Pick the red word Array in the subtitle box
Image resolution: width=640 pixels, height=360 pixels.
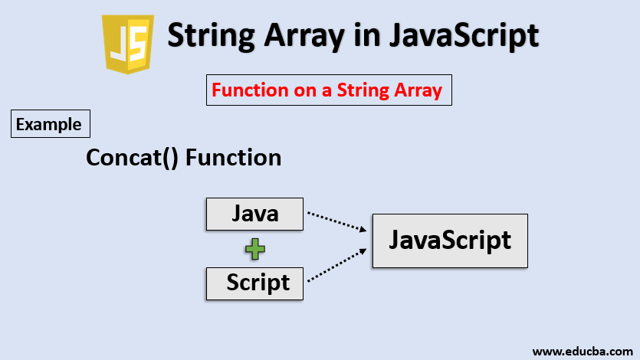417,90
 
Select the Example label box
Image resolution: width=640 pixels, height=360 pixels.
51,124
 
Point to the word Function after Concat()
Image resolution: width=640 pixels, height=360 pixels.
233,158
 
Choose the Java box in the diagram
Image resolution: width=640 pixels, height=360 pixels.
254,214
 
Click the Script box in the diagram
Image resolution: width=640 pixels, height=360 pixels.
257,283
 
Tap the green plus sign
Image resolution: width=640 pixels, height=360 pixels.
255,248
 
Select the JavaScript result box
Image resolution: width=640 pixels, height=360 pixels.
450,241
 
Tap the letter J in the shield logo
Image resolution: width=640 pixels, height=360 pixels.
118,44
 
